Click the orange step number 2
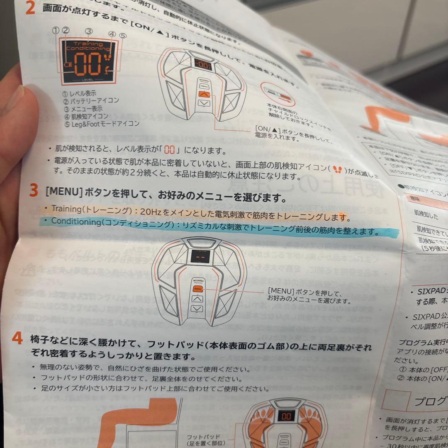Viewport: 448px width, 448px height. pos(30,8)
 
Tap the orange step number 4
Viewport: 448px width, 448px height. pos(17,338)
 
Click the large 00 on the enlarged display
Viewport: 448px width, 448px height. pos(88,63)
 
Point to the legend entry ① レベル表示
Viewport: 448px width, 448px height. pos(79,94)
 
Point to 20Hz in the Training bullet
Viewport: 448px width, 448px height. pos(149,211)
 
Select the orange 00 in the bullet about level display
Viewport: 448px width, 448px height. pos(170,150)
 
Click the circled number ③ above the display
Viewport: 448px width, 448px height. pos(88,32)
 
